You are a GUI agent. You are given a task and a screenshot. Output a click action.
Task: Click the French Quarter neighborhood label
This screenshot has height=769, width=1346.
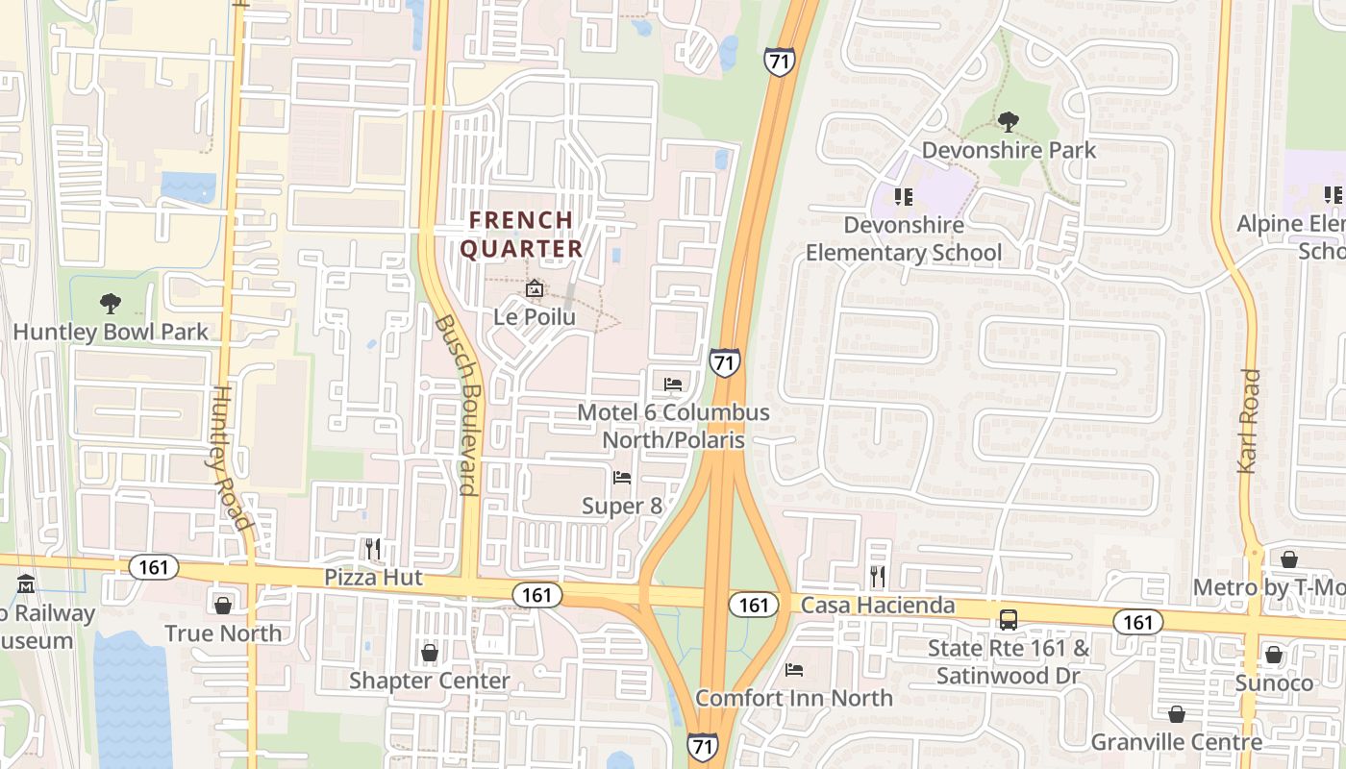[521, 234]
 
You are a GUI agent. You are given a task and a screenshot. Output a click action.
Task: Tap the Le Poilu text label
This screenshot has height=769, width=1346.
[535, 315]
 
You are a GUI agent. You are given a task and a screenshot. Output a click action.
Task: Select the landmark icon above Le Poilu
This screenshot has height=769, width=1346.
[535, 288]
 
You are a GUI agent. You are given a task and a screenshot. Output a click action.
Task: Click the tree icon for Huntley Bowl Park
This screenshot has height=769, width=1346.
[111, 304]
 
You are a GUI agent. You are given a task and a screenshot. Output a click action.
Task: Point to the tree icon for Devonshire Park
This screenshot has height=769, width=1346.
[1009, 122]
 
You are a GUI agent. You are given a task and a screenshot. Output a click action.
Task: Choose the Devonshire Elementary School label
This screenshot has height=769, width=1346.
[904, 238]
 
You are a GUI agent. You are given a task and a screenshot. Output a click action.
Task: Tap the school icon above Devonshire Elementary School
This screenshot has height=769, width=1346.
[903, 197]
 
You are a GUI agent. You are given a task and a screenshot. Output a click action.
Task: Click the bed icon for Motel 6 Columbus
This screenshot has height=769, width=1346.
[673, 384]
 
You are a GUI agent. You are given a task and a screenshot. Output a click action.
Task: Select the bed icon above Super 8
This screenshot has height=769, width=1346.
[622, 478]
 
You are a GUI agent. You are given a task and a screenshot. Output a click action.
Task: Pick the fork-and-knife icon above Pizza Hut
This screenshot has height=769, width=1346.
[373, 549]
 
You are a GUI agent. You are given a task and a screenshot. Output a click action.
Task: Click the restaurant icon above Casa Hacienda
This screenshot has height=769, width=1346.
[878, 576]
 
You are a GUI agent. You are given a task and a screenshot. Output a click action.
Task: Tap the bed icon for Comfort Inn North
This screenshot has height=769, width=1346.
[794, 670]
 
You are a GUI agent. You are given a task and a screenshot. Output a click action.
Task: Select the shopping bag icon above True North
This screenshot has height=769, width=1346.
[223, 606]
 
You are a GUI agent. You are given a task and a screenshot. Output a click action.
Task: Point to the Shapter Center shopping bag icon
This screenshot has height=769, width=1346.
[430, 654]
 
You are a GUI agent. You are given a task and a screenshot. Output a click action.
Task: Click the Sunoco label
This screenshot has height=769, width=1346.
[1274, 683]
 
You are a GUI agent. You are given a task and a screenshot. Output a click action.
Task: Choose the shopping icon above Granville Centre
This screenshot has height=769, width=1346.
[1176, 714]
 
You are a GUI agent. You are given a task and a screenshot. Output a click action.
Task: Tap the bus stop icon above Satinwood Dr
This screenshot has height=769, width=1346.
[1009, 620]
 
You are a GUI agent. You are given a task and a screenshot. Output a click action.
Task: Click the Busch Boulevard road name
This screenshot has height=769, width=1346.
[456, 405]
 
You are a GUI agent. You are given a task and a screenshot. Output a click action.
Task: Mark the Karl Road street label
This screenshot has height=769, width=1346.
[1249, 421]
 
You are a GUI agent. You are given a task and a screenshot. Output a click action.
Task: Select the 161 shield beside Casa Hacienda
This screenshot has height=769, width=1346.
[754, 605]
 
